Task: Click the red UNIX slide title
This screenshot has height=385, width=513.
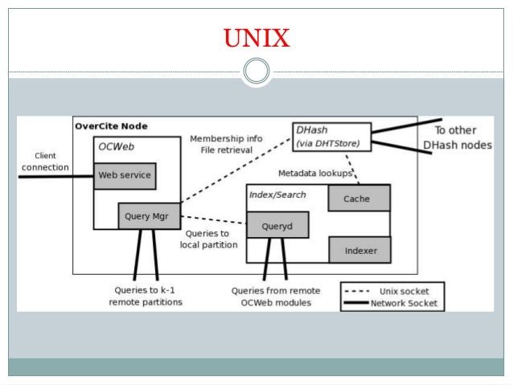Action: (256, 38)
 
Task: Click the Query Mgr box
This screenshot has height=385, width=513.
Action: (149, 215)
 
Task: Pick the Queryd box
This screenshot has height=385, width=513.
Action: (278, 226)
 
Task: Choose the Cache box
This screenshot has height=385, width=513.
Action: (359, 199)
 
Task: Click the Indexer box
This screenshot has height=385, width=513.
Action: (359, 250)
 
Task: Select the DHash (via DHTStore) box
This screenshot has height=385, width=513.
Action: (330, 137)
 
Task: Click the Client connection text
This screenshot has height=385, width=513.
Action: (44, 161)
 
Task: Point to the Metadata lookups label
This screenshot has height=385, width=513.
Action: (315, 173)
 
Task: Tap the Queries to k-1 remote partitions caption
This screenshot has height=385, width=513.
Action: (146, 296)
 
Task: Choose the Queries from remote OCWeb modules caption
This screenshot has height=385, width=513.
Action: (275, 296)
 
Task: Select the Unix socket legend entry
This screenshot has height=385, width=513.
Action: (392, 290)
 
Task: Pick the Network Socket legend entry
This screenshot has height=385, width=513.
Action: (392, 303)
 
